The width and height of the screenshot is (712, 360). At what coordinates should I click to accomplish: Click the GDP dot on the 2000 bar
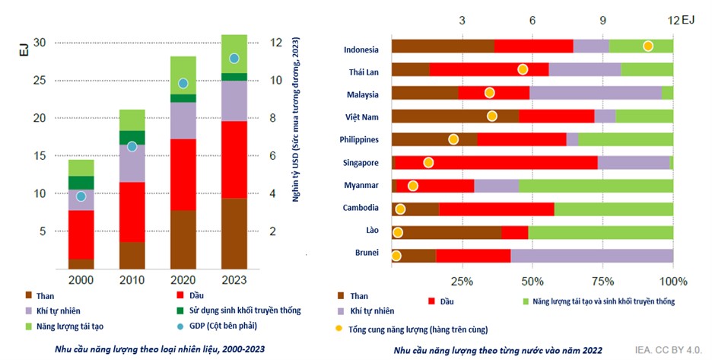point(81,196)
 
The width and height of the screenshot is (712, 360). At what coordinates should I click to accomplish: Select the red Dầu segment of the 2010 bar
point(132,212)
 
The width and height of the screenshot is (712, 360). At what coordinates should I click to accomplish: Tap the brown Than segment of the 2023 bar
point(234,233)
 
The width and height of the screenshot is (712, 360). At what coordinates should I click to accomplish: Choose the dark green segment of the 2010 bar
point(132,137)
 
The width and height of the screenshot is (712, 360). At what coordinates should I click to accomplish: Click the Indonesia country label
point(361,50)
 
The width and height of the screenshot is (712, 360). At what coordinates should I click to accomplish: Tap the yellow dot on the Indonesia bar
point(648,46)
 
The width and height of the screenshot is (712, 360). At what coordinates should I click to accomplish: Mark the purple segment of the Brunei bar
point(592,254)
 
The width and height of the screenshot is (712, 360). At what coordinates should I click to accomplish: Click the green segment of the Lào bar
point(600,231)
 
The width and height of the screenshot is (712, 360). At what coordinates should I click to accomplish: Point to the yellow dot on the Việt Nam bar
point(492,116)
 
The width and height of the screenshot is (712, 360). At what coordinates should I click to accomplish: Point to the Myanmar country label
point(362,185)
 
